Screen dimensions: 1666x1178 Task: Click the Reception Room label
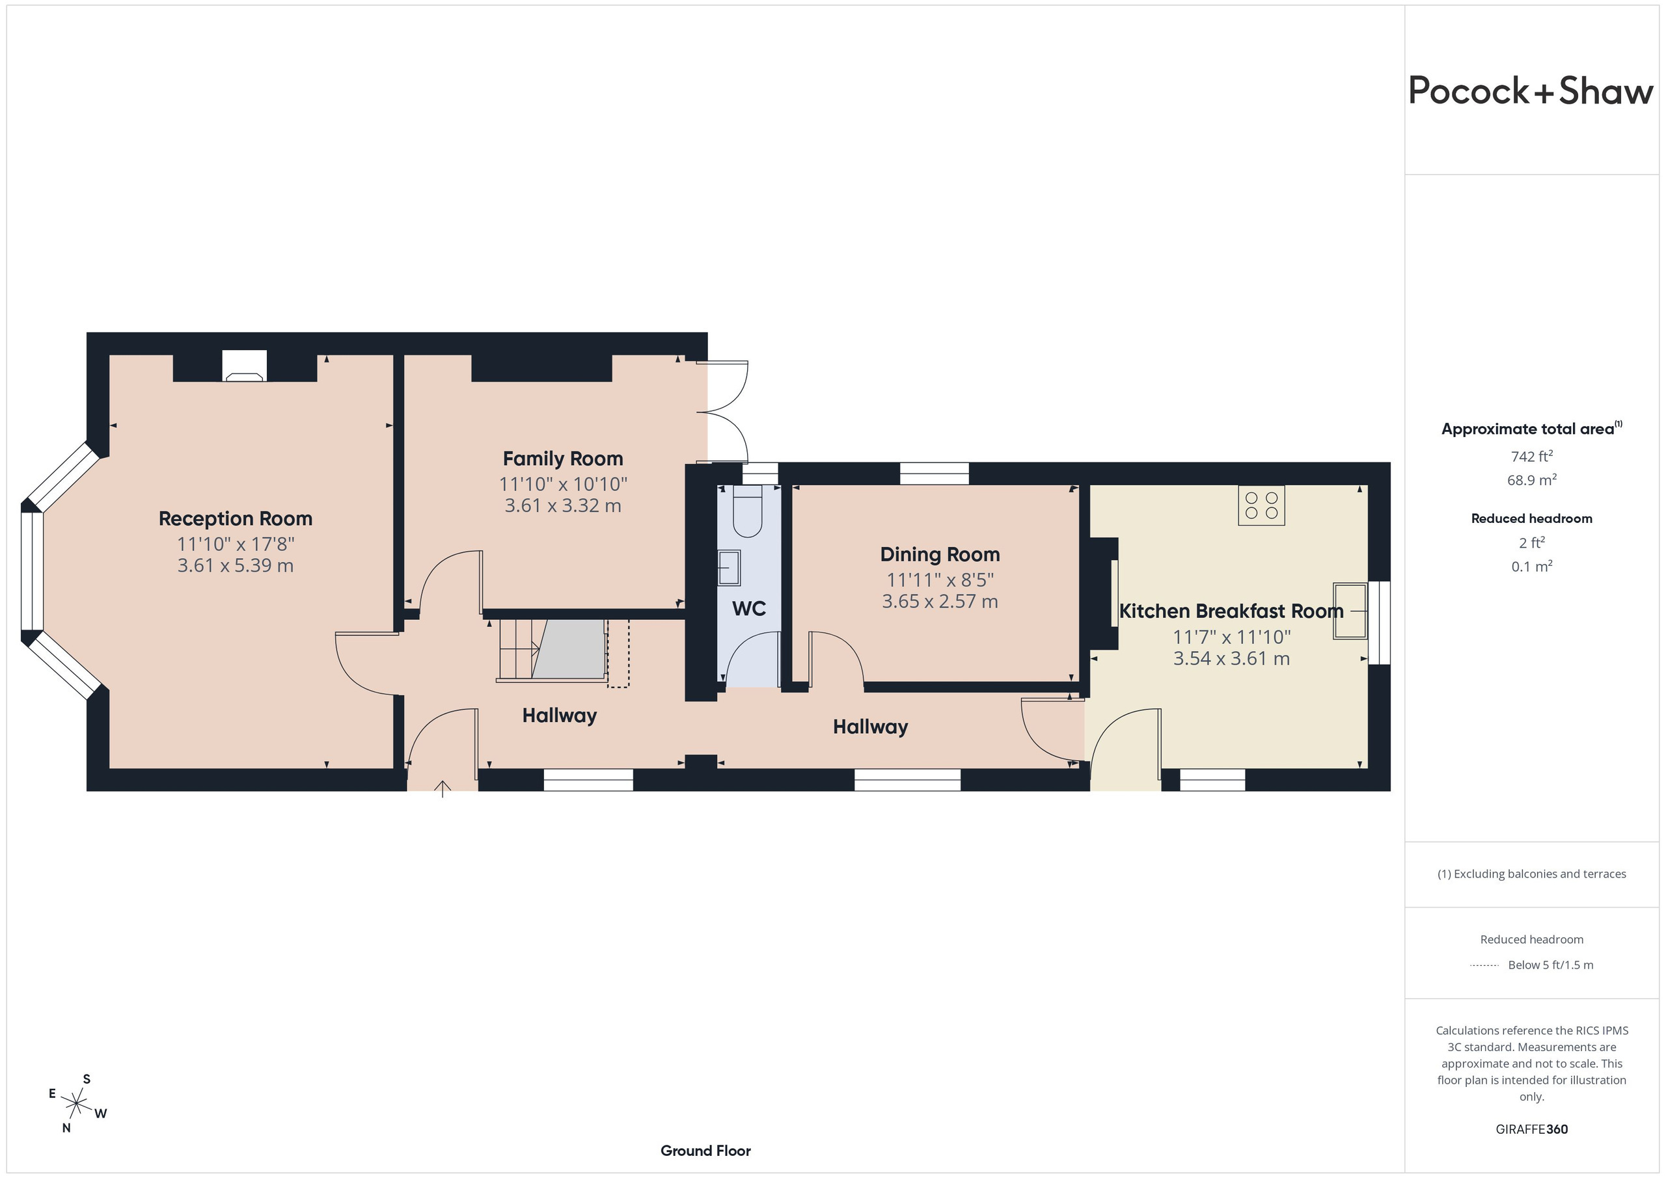click(x=235, y=518)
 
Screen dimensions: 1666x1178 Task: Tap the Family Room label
click(x=563, y=459)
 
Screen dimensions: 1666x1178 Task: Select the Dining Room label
click(x=940, y=554)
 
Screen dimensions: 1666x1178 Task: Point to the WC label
click(x=749, y=608)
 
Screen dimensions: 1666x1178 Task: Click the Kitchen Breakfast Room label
click(x=1231, y=611)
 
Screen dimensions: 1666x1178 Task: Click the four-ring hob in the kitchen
click(x=1261, y=505)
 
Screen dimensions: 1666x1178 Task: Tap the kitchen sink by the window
click(x=1350, y=611)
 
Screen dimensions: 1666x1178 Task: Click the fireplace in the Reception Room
click(x=245, y=366)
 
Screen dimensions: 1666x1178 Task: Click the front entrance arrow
click(x=443, y=789)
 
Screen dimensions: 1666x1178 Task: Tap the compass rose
click(x=77, y=1104)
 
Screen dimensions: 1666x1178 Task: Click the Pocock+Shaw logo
click(x=1531, y=92)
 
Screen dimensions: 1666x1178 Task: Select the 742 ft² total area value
click(x=1532, y=456)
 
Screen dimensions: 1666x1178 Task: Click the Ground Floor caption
click(x=705, y=1151)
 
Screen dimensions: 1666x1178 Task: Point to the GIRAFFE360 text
click(x=1532, y=1129)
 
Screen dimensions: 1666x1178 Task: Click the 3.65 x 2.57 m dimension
click(x=940, y=601)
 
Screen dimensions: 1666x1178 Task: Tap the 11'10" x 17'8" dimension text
click(x=235, y=543)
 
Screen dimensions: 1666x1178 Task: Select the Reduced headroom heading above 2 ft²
click(x=1532, y=518)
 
